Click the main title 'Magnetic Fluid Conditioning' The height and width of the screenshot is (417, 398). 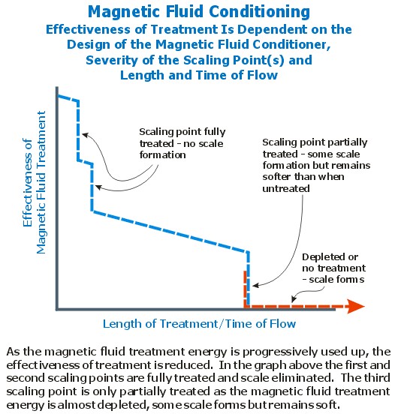click(x=199, y=12)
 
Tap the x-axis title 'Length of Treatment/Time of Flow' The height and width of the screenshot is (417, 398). click(x=199, y=324)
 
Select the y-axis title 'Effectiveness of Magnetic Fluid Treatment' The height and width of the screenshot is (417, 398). click(x=35, y=182)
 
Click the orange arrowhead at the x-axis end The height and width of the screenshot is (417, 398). click(x=356, y=306)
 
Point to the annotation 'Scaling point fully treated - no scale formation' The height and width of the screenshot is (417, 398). click(x=182, y=143)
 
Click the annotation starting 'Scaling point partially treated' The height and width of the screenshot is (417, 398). click(x=316, y=165)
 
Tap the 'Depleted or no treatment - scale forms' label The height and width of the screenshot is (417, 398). click(x=334, y=268)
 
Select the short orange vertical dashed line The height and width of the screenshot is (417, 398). click(x=245, y=289)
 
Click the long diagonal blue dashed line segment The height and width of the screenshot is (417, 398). click(x=170, y=231)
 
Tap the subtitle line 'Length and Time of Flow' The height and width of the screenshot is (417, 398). click(x=199, y=75)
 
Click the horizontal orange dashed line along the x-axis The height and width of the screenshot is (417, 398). click(x=297, y=306)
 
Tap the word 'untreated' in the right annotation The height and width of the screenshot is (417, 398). click(x=286, y=188)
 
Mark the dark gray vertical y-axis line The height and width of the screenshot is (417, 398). click(x=57, y=199)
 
